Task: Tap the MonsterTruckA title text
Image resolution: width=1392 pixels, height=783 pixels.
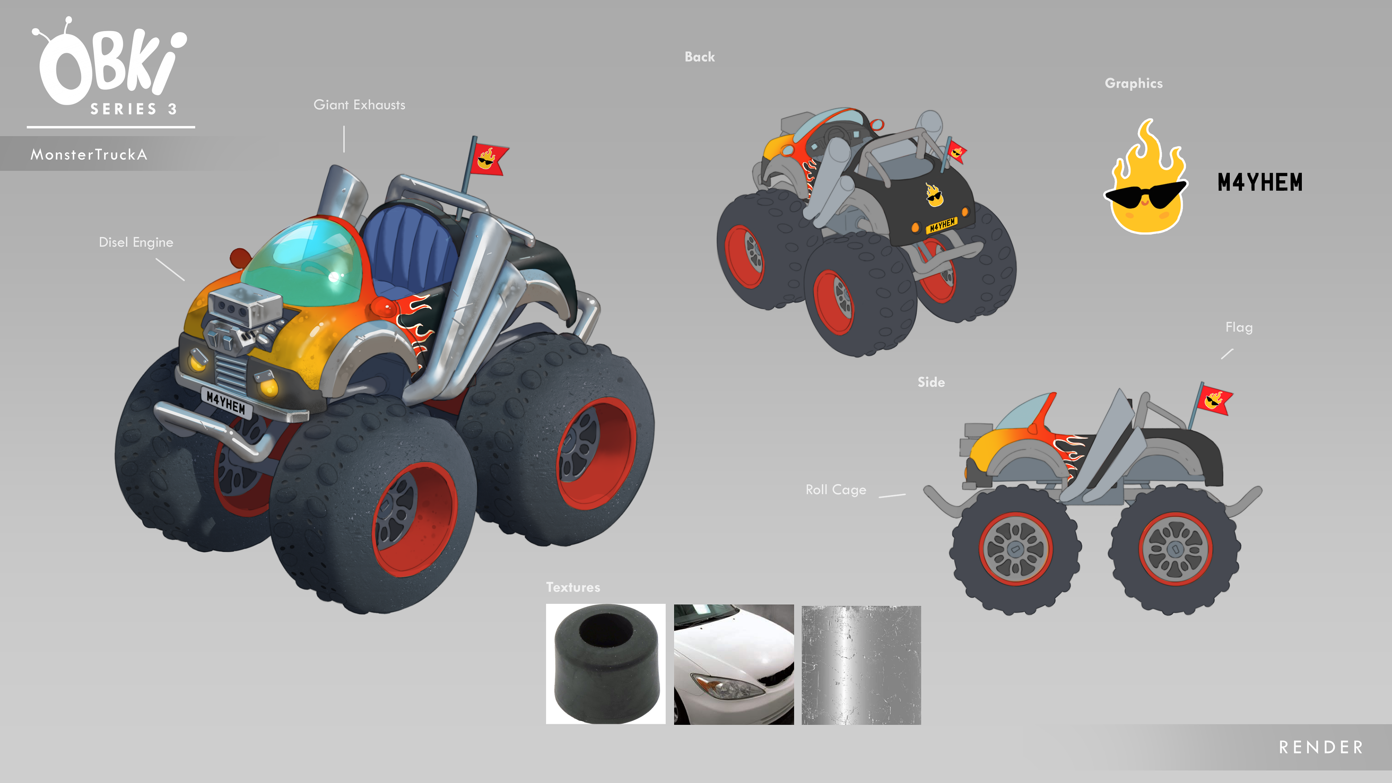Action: pos(88,154)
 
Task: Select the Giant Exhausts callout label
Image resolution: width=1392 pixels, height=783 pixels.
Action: pos(359,105)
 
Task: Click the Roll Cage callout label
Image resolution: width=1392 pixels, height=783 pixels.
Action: pos(836,490)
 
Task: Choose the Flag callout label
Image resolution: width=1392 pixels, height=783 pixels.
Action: pos(1239,327)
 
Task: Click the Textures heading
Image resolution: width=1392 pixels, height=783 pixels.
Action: pos(573,587)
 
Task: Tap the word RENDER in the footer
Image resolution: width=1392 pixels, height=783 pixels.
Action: pos(1321,747)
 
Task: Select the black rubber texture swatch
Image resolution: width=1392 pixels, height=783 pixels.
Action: pos(606,664)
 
